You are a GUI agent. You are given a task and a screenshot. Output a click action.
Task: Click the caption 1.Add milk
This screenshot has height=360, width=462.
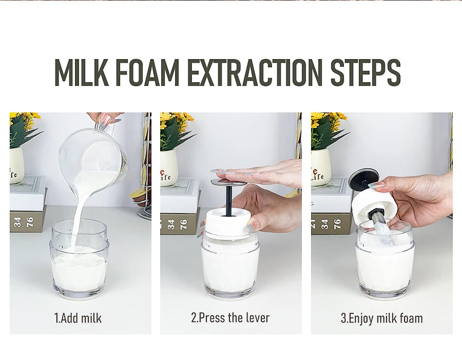(78, 318)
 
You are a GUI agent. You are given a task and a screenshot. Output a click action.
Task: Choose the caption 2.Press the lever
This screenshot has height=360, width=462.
(230, 318)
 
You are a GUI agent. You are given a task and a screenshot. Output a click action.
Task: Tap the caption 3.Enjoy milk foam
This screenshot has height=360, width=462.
(382, 318)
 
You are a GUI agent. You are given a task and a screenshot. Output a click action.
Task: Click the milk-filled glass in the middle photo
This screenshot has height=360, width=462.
(229, 267)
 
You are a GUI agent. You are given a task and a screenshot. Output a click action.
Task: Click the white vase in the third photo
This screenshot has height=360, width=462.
(320, 167)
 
